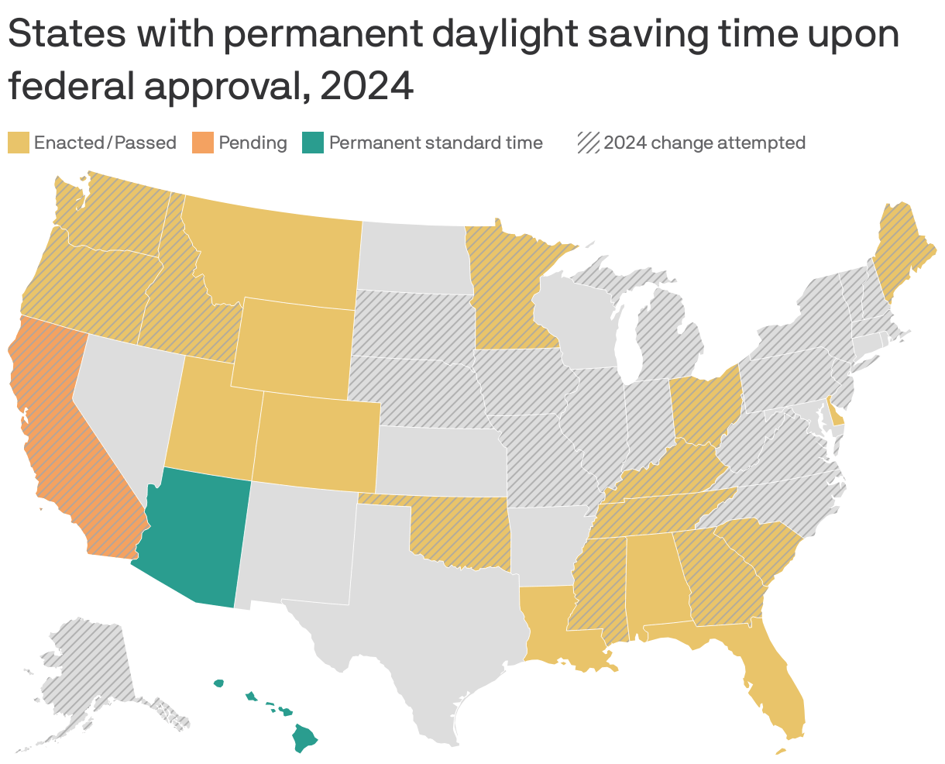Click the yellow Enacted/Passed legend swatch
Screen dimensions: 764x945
(19, 143)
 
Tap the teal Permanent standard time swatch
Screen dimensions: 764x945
(312, 143)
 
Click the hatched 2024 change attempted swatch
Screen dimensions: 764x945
(589, 143)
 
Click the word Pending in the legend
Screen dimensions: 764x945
(253, 143)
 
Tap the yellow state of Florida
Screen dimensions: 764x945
(775, 682)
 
